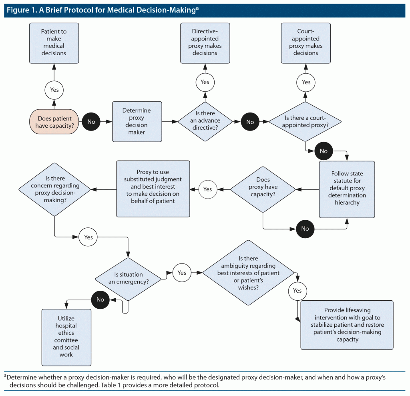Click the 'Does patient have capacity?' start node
point(54,122)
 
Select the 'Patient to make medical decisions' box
point(54,42)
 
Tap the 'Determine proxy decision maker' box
point(137,122)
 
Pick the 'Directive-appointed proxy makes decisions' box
point(205,42)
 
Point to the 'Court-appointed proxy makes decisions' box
point(306,42)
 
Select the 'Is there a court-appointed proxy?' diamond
point(305,122)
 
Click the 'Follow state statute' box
point(347,189)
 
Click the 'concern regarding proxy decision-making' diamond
point(55,189)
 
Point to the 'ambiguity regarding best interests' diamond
point(248,273)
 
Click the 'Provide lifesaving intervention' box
point(347,325)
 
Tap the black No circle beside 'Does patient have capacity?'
point(91,122)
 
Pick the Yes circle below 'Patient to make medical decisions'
point(54,90)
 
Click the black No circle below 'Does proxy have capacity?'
point(305,229)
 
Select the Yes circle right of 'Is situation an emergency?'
point(182,273)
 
